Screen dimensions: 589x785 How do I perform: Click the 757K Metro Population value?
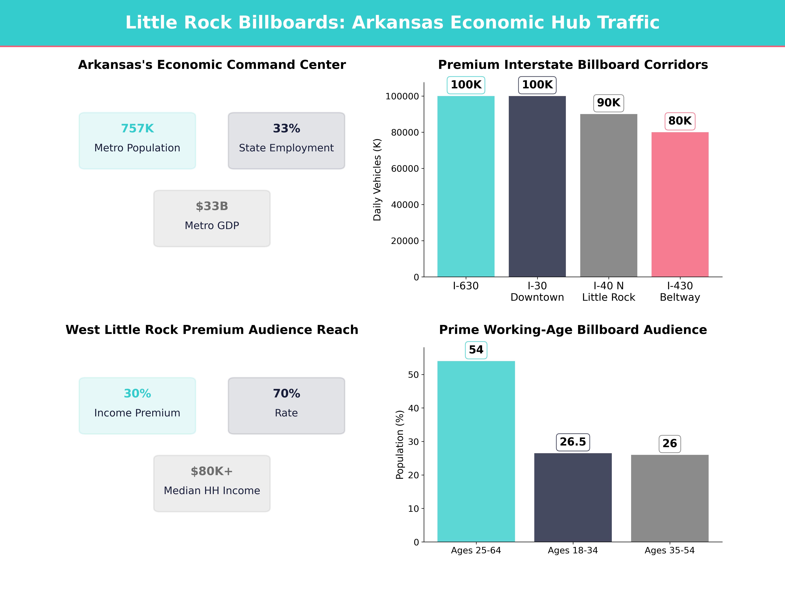[137, 129]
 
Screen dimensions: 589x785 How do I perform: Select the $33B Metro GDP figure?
[212, 206]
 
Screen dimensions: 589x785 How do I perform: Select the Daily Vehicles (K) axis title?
[377, 180]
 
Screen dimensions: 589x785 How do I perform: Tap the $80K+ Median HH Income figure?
[212, 472]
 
